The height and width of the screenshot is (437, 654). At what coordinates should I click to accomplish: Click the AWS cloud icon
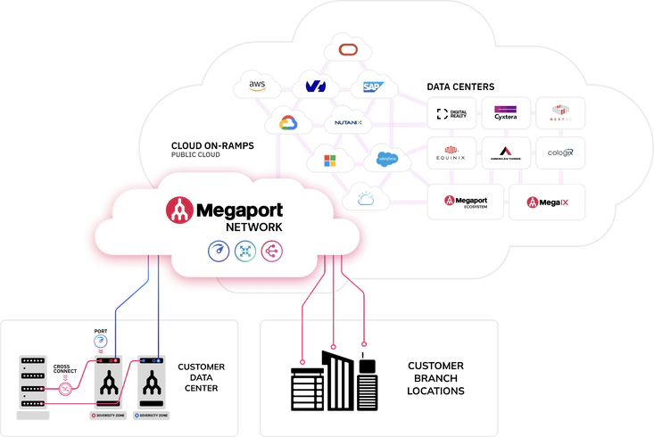[257, 87]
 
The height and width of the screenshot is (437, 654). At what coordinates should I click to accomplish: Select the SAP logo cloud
[368, 87]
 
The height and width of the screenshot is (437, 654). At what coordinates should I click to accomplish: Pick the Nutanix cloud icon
[347, 122]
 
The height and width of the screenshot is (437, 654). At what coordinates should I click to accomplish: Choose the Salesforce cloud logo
[386, 160]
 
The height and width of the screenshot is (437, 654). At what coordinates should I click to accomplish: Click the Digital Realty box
[452, 114]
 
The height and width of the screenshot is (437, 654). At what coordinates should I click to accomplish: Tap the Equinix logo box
[452, 153]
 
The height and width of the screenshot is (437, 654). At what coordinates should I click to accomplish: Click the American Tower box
[506, 153]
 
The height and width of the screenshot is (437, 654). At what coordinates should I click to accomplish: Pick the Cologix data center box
[559, 153]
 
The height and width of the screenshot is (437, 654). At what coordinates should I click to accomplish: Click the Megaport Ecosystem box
[466, 202]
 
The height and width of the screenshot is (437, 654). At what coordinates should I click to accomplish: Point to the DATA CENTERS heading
[460, 87]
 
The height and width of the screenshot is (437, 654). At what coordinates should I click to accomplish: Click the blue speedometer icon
[219, 251]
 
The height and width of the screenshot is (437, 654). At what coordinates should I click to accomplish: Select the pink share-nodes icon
[271, 251]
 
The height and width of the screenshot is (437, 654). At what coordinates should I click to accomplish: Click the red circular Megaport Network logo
[180, 210]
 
